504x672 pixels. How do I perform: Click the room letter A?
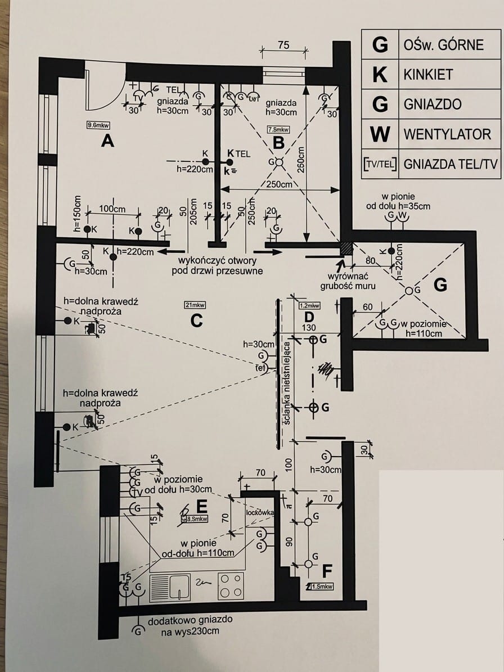[x=107, y=141]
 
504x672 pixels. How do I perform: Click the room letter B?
[x=278, y=142]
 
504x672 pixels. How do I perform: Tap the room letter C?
[x=196, y=320]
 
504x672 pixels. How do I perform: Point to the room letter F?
[x=327, y=571]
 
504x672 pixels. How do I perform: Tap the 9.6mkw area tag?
[x=98, y=126]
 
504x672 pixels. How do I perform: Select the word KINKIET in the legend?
[x=428, y=74]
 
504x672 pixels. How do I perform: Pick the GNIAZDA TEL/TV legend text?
[x=451, y=164]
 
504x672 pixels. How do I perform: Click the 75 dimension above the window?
[x=283, y=46]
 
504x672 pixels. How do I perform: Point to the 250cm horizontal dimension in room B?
[x=279, y=184]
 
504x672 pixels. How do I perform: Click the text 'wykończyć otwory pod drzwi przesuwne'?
[x=217, y=266]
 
